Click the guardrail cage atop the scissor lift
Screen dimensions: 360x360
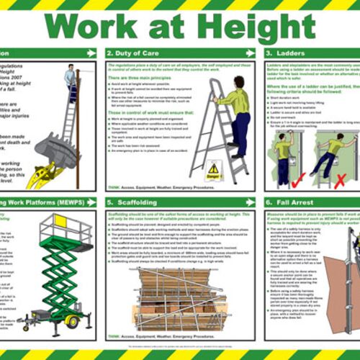click(x=66, y=228)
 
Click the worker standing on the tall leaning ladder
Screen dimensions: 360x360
click(x=70, y=79)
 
